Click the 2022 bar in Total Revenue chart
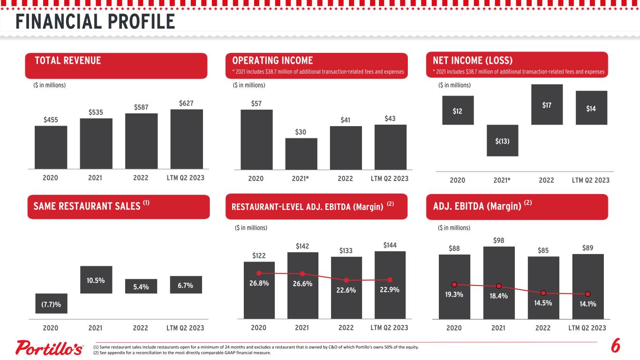[x=141, y=141]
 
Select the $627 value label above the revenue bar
[x=186, y=103]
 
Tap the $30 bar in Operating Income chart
[x=301, y=154]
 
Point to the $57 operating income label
[x=256, y=104]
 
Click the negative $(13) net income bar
[x=502, y=140]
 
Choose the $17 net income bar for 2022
[x=547, y=104]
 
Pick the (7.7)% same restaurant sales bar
[x=52, y=303]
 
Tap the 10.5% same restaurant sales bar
[x=96, y=280]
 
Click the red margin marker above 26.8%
[x=259, y=273]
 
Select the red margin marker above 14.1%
[x=587, y=294]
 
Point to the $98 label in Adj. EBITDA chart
[x=498, y=240]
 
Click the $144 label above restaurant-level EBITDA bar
[x=390, y=245]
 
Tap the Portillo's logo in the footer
[x=49, y=347]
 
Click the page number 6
[x=616, y=345]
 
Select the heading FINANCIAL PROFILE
[x=95, y=22]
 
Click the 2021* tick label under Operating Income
[x=300, y=179]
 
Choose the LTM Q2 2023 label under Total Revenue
[x=185, y=178]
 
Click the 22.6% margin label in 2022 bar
[x=346, y=290]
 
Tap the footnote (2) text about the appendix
[x=182, y=352]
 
